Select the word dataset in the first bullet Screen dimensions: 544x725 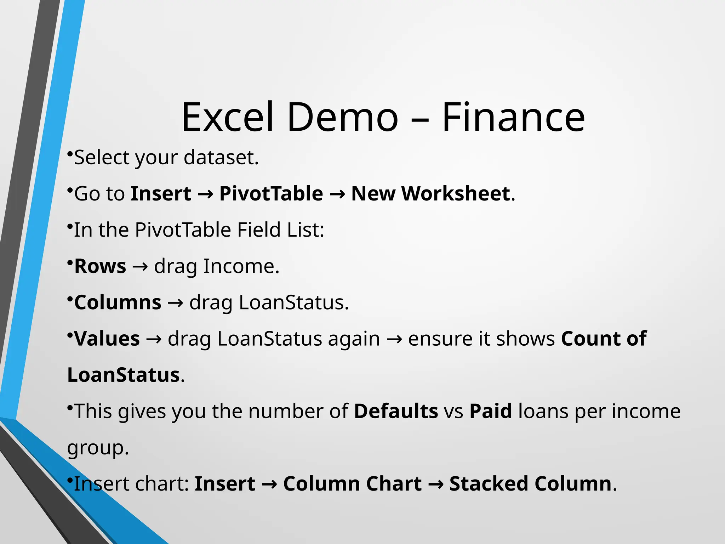[221, 157]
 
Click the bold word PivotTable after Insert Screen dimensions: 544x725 [271, 194]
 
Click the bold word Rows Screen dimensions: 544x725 [100, 266]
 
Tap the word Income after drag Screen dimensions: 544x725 [241, 266]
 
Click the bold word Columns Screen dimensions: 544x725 [118, 302]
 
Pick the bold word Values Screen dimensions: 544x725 [107, 339]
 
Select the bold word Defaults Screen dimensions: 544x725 [396, 411]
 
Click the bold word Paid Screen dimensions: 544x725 [491, 411]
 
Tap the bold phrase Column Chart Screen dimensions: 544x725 [353, 484]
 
